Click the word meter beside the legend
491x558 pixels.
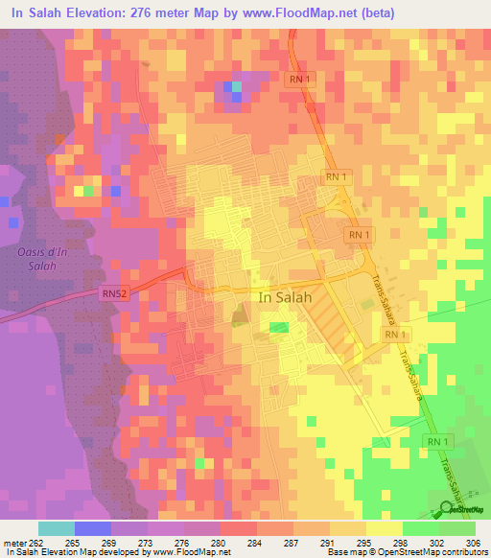[12, 542]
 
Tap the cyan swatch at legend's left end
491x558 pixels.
[57, 528]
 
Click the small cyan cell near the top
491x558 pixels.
[236, 88]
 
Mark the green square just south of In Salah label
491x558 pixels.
[279, 328]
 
